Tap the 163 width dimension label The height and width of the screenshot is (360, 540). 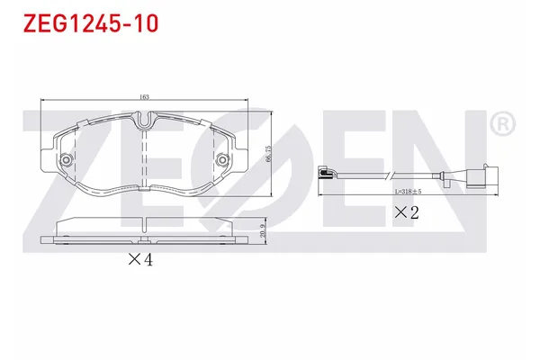144,95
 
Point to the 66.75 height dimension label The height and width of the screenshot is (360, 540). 267,154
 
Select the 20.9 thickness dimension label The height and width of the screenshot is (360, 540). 262,231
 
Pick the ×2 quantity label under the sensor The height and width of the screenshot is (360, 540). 408,213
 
